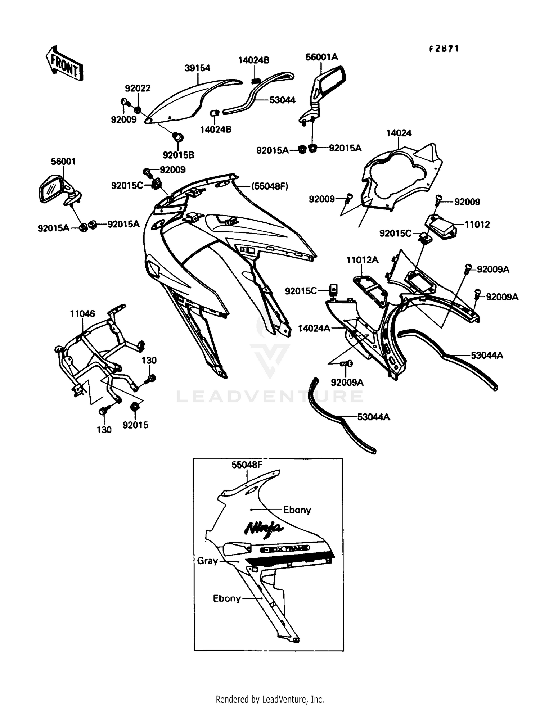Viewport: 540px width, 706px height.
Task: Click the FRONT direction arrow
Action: pos(64,63)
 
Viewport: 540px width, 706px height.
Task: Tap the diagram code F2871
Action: pos(444,49)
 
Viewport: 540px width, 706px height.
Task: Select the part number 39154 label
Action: pos(197,68)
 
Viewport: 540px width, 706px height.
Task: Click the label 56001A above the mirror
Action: pos(321,57)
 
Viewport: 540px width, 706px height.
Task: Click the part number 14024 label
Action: pos(399,133)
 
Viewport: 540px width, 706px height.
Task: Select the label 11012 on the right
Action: pos(477,225)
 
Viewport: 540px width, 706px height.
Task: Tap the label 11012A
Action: pos(362,260)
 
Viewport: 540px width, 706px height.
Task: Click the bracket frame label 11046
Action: pos(82,314)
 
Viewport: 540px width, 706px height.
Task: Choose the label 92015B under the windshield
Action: pos(178,155)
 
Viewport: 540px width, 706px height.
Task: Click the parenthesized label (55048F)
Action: pos(270,186)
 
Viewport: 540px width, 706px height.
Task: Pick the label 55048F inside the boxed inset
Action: pos(247,465)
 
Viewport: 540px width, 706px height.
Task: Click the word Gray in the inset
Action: pos(207,561)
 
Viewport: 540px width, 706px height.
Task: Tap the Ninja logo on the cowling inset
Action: pos(264,528)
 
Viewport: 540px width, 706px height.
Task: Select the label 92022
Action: pos(138,88)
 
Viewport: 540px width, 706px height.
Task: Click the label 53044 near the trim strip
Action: pos(282,100)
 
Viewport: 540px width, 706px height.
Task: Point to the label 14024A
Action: pos(314,328)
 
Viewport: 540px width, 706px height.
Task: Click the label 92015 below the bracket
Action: pos(135,425)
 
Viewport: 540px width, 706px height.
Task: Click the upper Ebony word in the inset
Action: pos(297,510)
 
